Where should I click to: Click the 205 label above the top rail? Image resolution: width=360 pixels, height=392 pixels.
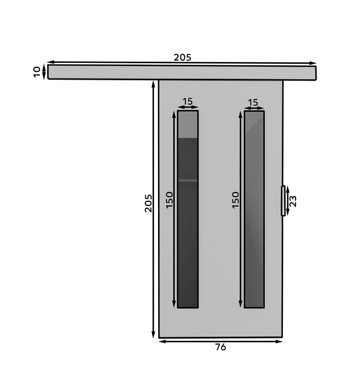pyautogui.click(x=182, y=57)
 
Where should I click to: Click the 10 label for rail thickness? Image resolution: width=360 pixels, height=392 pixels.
pyautogui.click(x=37, y=72)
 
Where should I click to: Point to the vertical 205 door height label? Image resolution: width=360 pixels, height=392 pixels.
pyautogui.click(x=148, y=203)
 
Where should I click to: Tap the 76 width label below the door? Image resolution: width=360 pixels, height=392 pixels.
pyautogui.click(x=220, y=347)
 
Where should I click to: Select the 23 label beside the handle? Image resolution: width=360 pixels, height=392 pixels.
pyautogui.click(x=293, y=201)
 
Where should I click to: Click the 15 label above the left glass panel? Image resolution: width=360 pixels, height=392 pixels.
pyautogui.click(x=187, y=101)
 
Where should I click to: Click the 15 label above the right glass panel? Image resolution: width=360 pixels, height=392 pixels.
pyautogui.click(x=253, y=102)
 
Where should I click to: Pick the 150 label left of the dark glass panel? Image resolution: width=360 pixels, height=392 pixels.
pyautogui.click(x=170, y=199)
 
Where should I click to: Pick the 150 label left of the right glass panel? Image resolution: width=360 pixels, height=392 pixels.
pyautogui.click(x=235, y=200)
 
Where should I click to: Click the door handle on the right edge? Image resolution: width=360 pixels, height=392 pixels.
pyautogui.click(x=283, y=200)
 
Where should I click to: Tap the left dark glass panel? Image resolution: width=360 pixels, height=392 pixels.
pyautogui.click(x=188, y=209)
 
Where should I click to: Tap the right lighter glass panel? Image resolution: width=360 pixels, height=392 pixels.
pyautogui.click(x=254, y=209)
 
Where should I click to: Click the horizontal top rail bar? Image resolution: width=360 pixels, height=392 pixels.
pyautogui.click(x=182, y=72)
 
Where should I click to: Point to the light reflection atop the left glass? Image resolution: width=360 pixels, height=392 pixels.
pyautogui.click(x=188, y=124)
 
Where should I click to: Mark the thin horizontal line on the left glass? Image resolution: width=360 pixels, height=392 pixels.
pyautogui.click(x=188, y=180)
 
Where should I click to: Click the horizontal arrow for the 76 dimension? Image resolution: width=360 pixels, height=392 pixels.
pyautogui.click(x=220, y=341)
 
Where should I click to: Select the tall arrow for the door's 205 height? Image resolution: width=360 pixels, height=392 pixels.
pyautogui.click(x=153, y=209)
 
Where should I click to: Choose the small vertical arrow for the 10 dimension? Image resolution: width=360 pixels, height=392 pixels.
pyautogui.click(x=44, y=72)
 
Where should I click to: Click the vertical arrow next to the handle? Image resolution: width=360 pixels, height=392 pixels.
pyautogui.click(x=288, y=201)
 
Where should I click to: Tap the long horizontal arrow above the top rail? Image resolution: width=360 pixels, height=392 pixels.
pyautogui.click(x=182, y=62)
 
